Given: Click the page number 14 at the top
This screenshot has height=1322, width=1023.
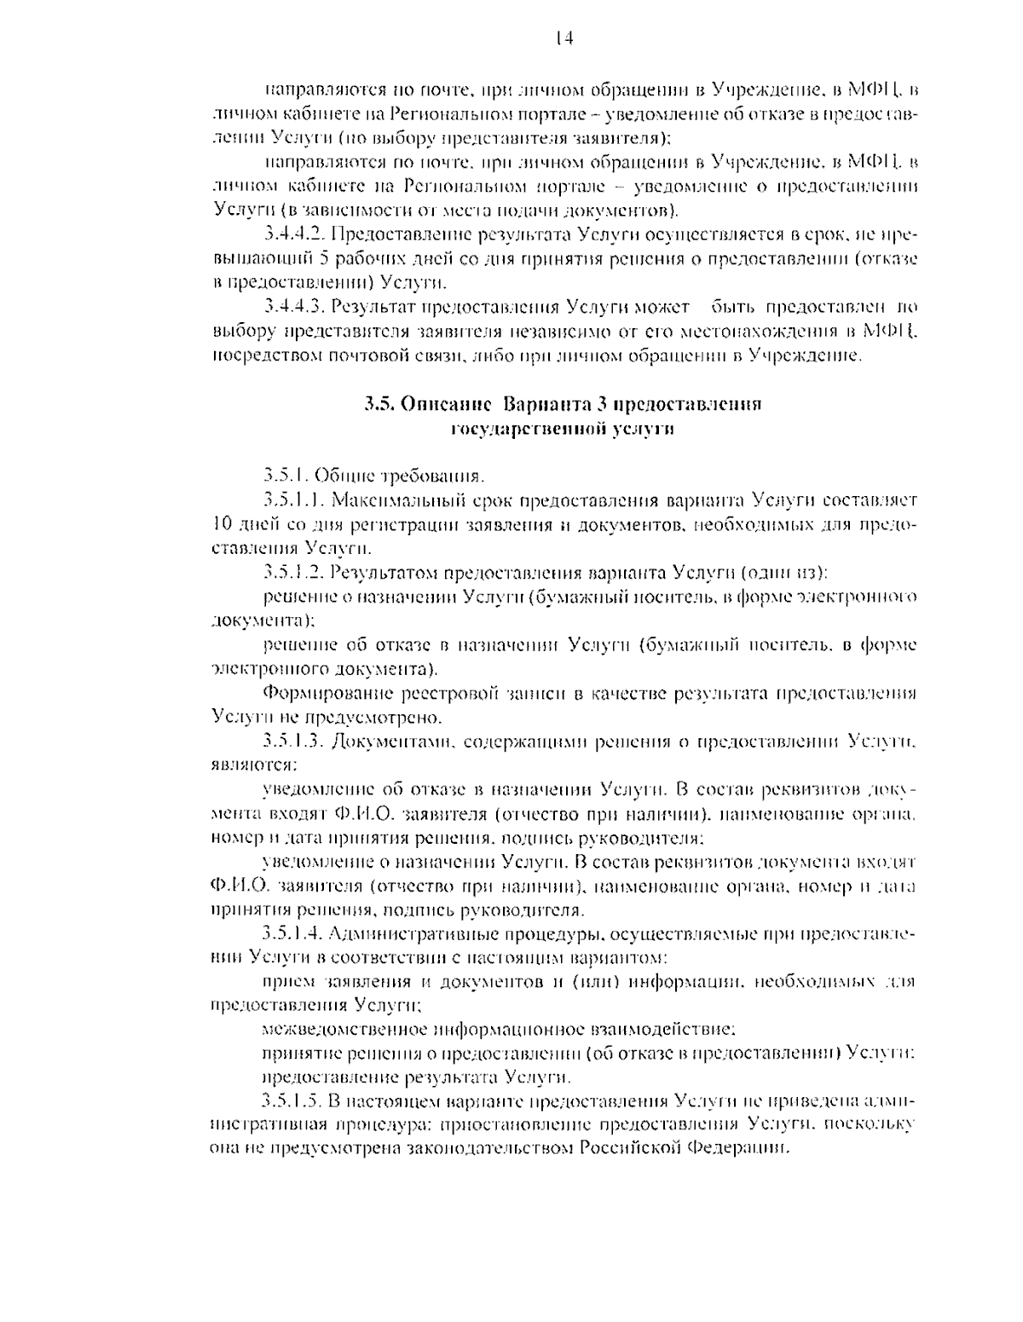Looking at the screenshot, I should tap(563, 38).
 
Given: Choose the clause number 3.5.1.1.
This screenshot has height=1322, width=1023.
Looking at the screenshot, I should tap(292, 499).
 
